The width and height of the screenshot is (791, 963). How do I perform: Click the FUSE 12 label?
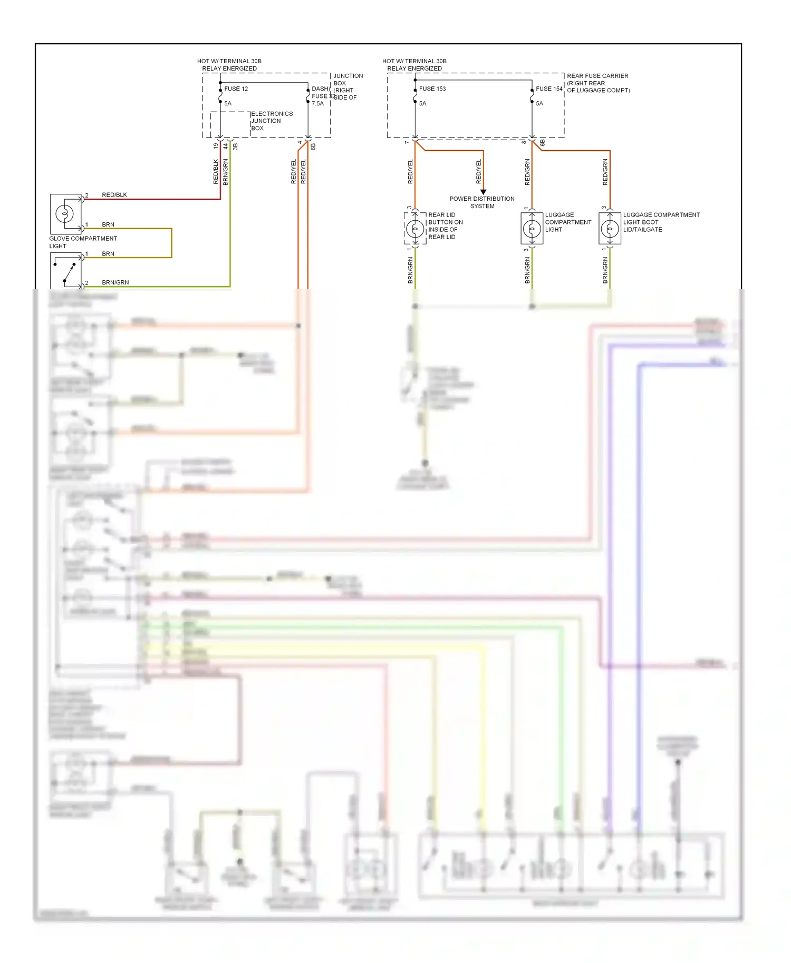click(236, 89)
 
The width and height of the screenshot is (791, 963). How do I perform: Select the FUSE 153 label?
click(432, 89)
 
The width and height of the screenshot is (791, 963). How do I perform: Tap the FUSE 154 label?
click(549, 89)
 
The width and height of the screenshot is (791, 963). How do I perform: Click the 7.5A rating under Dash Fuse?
click(317, 104)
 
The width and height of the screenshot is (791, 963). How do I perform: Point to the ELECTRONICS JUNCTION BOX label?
click(271, 121)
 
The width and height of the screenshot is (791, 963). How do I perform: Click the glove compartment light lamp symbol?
click(65, 214)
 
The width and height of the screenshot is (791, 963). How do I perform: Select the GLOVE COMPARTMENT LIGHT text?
click(83, 242)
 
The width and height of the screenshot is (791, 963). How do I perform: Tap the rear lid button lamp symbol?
click(415, 229)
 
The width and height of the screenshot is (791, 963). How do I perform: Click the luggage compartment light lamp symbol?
click(532, 229)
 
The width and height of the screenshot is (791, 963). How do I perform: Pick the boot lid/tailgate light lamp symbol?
click(610, 229)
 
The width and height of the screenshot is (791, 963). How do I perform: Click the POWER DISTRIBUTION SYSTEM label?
click(482, 202)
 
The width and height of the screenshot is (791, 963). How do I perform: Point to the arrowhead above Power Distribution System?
click(483, 192)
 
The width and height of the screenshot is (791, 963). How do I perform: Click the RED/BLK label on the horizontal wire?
click(114, 195)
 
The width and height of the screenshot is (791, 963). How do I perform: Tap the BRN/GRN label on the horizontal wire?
click(115, 283)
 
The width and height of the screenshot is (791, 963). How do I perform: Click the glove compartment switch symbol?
click(67, 271)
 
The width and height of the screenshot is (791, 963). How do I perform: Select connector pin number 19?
click(215, 146)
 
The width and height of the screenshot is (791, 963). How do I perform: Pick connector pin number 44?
click(225, 146)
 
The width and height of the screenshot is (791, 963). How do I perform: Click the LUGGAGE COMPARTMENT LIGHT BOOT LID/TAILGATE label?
click(661, 222)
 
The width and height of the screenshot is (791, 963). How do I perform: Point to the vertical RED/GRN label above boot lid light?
click(605, 172)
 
